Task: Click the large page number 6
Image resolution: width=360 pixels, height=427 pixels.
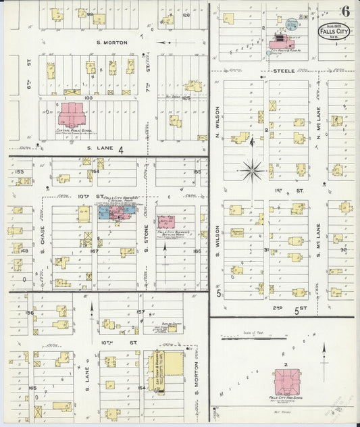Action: [345, 10]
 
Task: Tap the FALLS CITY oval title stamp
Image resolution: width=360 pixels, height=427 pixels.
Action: [330, 32]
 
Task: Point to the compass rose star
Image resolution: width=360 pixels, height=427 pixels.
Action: [252, 170]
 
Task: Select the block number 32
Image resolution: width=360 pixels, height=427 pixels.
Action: [344, 249]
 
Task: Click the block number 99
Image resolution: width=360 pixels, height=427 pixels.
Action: [89, 14]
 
